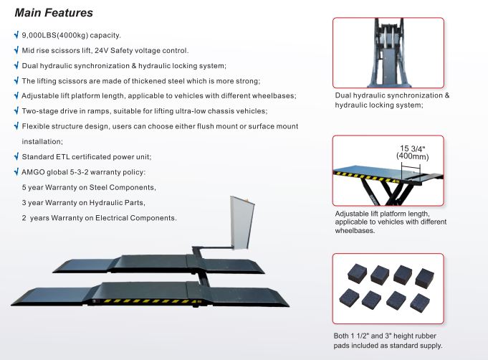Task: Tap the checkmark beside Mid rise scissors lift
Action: point(16,50)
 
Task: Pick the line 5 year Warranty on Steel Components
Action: point(89,187)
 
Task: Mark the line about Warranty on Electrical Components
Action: point(99,217)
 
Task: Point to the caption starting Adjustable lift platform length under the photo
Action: point(391,222)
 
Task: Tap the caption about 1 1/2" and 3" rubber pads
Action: point(388,341)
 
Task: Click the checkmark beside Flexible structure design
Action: point(16,125)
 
